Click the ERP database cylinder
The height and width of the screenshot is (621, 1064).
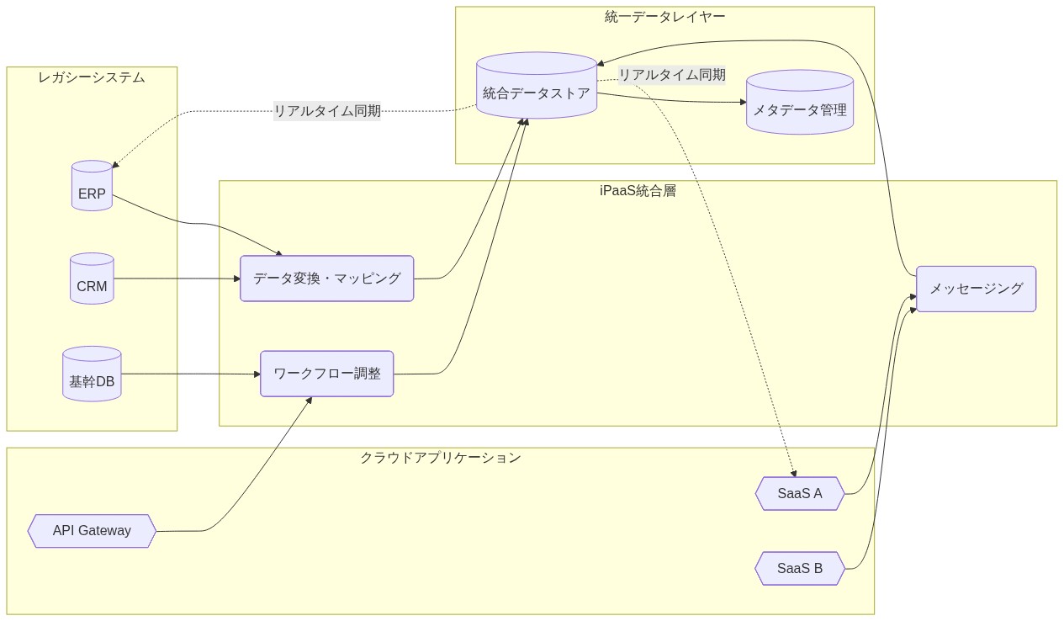[x=92, y=186]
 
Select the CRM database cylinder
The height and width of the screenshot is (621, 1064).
[x=92, y=279]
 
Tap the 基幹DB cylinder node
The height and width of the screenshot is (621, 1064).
[x=92, y=374]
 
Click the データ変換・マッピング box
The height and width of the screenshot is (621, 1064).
[x=326, y=279]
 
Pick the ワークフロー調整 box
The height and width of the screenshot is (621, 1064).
[x=326, y=374]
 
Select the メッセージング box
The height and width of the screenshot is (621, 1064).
[x=976, y=289]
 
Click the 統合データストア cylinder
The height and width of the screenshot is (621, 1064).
[x=537, y=87]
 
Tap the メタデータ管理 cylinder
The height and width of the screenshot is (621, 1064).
[x=800, y=103]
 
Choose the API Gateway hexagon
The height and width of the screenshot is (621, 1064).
[x=92, y=531]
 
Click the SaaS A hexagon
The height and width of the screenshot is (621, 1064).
[x=800, y=494]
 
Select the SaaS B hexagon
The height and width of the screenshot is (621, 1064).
[x=800, y=569]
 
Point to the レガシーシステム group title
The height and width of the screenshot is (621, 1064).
[x=92, y=77]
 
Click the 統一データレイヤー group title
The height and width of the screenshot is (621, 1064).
[x=664, y=17]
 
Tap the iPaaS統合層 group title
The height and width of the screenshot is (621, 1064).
[x=638, y=190]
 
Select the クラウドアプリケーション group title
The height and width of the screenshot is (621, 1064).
[x=440, y=458]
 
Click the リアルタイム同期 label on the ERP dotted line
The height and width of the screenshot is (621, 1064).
[x=327, y=110]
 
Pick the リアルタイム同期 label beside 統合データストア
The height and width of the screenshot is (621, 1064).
[x=672, y=75]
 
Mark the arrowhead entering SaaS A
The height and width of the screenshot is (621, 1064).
[x=792, y=473]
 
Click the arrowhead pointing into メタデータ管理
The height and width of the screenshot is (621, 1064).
[x=743, y=102]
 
